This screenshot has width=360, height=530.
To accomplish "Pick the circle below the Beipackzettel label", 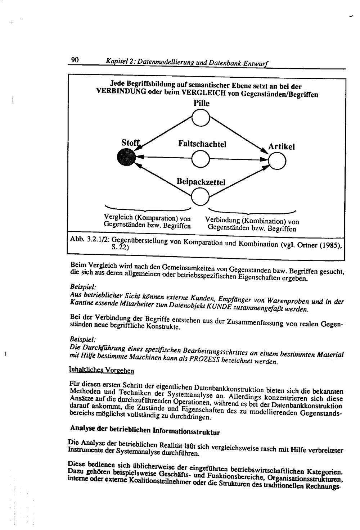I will pyautogui.click(x=200, y=196).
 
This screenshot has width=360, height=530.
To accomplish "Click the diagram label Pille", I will pyautogui.click(x=201, y=103).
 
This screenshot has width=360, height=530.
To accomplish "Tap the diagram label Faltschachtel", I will pyautogui.click(x=202, y=144).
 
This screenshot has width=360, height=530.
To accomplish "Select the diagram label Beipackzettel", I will pyautogui.click(x=201, y=182).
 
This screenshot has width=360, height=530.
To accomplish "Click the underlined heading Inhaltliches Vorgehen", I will pyautogui.click(x=101, y=370).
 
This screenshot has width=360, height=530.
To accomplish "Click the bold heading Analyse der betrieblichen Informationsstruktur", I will pyautogui.click(x=145, y=429).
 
